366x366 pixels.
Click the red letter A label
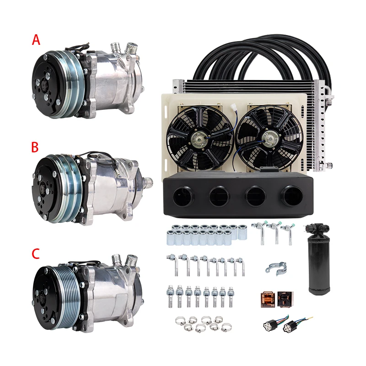click(36, 40)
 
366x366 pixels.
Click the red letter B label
click(35, 148)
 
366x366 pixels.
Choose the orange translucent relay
click(267, 299)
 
